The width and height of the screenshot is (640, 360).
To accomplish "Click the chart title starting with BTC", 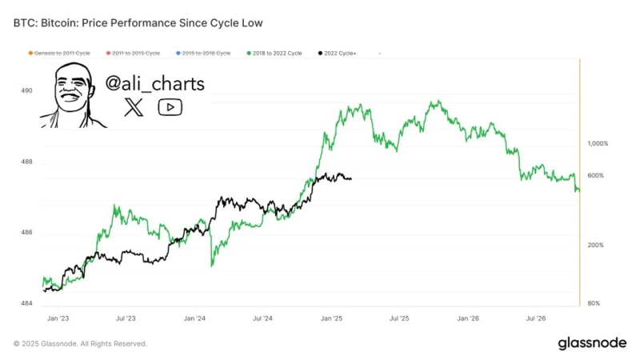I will coord(138,23).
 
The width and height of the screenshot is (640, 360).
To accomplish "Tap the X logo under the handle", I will coord(134,107).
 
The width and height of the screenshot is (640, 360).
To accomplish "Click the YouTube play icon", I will coord(170,107).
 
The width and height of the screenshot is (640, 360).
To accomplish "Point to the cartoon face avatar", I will coord(72,97).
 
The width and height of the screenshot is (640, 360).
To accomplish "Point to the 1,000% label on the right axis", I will coord(598,144).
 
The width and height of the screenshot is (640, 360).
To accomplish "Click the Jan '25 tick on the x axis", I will coord(331,318).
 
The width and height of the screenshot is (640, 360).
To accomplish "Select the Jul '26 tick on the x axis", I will coord(536,318).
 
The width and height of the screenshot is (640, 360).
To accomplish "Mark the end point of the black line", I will coord(351,179).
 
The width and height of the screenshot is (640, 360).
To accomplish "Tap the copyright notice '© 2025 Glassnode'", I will coord(80,343).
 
